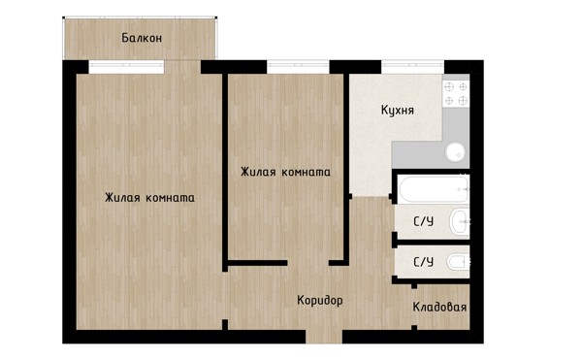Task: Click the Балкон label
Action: [142, 38]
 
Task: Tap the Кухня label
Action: [398, 111]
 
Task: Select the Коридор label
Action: [320, 300]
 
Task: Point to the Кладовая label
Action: [439, 308]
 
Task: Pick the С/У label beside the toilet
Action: [424, 262]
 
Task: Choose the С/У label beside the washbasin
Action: [424, 221]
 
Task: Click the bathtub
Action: [434, 189]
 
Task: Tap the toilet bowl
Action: [459, 262]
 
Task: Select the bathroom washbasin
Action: [460, 221]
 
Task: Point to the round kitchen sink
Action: [456, 152]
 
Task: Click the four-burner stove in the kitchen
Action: [456, 93]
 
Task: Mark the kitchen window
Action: [413, 67]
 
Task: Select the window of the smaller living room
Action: [298, 67]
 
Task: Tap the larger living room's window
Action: [126, 67]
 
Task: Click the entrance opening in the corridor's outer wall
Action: [324, 337]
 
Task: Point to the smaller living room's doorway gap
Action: [308, 263]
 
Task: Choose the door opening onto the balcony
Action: [182, 67]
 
